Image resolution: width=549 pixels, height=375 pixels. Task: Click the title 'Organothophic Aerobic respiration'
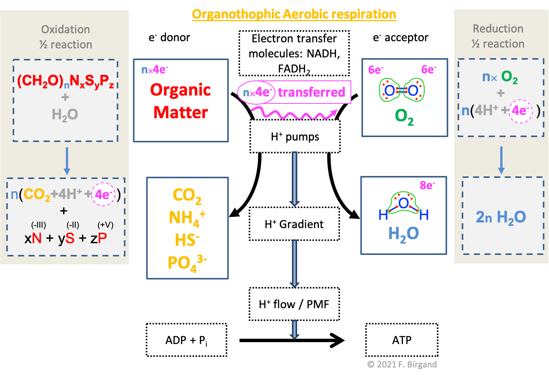point(294,14)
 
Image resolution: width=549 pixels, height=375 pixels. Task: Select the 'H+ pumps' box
point(295,137)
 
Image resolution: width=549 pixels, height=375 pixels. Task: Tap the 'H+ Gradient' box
point(294,224)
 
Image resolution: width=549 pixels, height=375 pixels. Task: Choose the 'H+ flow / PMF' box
point(294,304)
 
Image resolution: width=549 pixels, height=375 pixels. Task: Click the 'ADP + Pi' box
point(186,340)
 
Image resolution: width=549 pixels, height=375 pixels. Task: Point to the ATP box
point(402,340)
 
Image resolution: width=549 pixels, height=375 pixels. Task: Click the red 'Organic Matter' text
point(181,101)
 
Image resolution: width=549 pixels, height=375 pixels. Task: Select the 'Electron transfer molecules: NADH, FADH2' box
point(294,53)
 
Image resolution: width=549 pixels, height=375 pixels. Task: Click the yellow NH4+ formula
point(187,218)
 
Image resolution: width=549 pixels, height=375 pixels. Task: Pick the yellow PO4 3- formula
point(187,263)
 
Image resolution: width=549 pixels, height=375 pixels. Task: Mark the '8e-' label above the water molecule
point(427,185)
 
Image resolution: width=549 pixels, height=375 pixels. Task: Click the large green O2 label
point(404,117)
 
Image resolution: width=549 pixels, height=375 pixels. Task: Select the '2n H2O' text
point(501,217)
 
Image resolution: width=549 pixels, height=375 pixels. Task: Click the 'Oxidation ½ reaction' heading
point(66,37)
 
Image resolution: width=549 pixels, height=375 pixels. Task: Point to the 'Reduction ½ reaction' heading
point(498,36)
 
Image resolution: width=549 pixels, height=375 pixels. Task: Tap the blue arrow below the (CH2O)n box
point(67,160)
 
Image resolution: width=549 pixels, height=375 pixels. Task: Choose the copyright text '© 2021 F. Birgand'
point(402,364)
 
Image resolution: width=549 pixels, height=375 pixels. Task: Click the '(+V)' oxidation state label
point(105,225)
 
